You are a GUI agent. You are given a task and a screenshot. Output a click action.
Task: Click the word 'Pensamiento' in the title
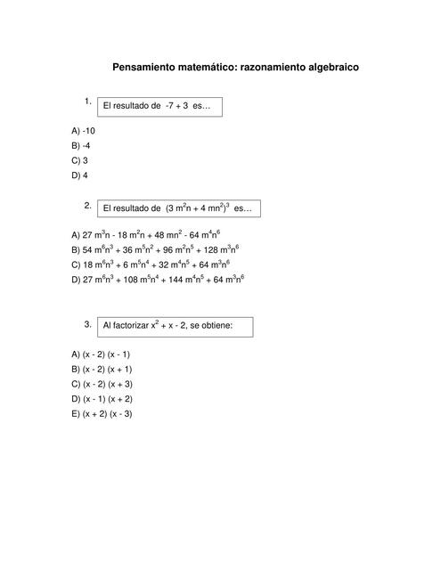click(148, 67)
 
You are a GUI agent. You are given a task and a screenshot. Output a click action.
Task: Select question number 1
click(88, 101)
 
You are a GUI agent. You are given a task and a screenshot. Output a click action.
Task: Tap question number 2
click(88, 205)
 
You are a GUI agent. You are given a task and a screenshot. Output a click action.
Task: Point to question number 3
click(88, 324)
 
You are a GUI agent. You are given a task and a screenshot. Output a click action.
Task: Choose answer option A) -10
click(83, 130)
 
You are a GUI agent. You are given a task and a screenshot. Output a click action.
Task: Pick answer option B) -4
click(80, 145)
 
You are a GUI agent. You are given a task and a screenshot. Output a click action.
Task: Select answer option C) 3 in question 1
click(79, 160)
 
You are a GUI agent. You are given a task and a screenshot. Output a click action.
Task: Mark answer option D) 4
click(79, 175)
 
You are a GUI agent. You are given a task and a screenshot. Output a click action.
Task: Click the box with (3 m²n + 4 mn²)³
click(177, 209)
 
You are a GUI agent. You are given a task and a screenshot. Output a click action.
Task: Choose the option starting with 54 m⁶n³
click(155, 250)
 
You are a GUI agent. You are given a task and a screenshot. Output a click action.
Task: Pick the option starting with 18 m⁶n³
click(151, 265)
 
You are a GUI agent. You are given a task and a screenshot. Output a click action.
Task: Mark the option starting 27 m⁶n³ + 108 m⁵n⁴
click(158, 280)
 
